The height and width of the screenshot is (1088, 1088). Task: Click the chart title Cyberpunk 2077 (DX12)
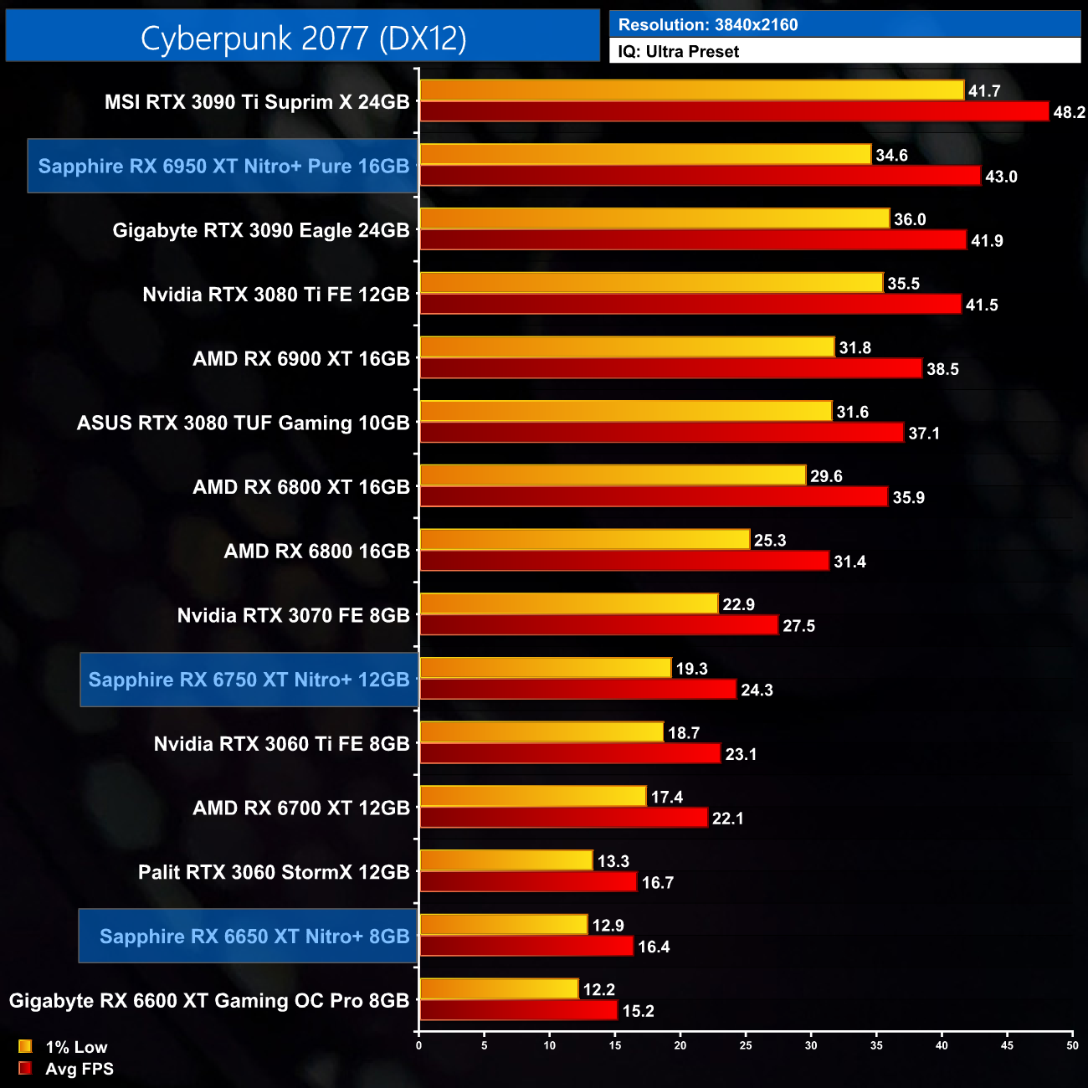(x=303, y=38)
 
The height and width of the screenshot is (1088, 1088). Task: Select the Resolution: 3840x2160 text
(x=708, y=25)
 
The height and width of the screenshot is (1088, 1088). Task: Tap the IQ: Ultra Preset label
(x=678, y=52)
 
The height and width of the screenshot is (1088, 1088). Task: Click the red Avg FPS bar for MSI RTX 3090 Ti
(x=734, y=111)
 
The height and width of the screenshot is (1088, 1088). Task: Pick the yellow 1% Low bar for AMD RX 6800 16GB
(x=584, y=540)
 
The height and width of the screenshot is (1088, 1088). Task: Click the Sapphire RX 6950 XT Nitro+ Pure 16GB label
(x=223, y=166)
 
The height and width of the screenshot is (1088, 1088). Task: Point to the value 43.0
(x=1001, y=177)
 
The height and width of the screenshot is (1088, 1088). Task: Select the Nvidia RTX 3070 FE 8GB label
(x=293, y=616)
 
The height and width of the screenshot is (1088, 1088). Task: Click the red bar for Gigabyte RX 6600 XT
(x=518, y=1010)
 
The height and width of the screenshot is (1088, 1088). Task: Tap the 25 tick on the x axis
(x=746, y=1044)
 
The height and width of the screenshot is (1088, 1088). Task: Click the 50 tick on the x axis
(x=1072, y=1044)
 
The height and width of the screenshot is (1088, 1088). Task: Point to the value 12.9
(x=608, y=926)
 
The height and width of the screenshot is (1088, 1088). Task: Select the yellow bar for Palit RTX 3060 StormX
(x=506, y=860)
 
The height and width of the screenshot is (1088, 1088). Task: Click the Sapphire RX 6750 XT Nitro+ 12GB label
(x=249, y=680)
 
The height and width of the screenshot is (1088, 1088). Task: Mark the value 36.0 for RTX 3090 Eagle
(x=910, y=219)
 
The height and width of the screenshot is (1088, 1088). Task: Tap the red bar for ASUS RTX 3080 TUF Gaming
(x=662, y=433)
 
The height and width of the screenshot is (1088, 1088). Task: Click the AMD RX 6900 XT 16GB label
(x=301, y=359)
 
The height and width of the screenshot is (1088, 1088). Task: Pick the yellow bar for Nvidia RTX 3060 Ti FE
(x=541, y=732)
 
